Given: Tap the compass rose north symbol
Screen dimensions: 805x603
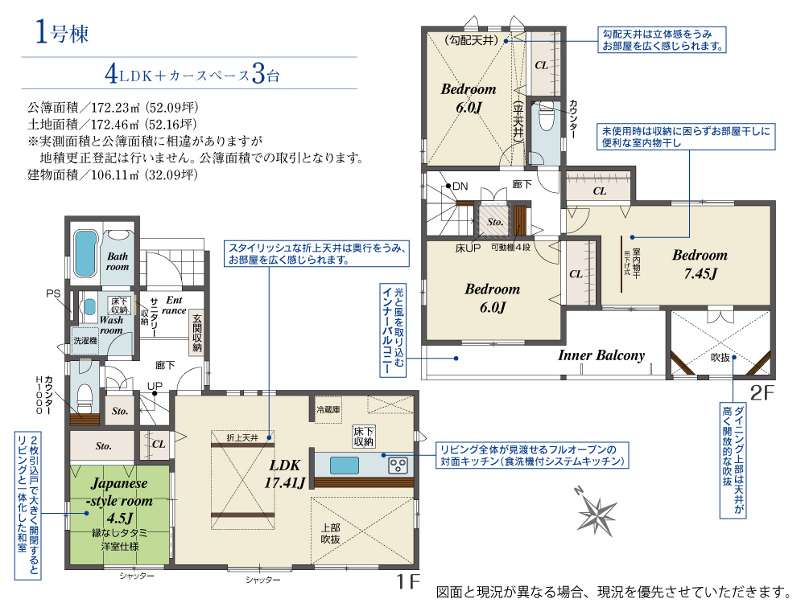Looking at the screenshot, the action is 596,511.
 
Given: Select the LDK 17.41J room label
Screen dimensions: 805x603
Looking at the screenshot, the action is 285,474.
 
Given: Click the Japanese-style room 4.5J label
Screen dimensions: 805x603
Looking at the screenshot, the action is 120,500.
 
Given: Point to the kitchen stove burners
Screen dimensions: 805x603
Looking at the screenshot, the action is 398,466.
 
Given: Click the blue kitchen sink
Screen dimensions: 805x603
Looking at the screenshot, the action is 345,466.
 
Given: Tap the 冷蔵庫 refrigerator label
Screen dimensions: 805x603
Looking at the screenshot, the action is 328,410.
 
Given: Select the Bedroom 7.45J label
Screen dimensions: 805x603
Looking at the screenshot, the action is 700,264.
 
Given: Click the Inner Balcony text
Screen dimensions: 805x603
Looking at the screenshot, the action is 601,355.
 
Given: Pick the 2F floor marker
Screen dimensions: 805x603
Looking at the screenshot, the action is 762,393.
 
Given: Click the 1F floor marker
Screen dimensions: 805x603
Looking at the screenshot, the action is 408,581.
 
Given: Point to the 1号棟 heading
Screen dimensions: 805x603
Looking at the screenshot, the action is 62,32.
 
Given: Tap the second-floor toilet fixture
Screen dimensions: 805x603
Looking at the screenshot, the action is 546,117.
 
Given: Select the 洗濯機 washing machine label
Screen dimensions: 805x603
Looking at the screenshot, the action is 85,340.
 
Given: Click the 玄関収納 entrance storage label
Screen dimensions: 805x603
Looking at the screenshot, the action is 196,332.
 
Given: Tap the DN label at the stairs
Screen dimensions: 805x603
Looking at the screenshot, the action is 460,187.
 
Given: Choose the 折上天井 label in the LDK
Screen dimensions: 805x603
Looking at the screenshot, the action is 242,437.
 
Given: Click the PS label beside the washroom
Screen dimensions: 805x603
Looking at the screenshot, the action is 53,293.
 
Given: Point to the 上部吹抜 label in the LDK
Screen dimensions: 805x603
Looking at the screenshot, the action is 330,533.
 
